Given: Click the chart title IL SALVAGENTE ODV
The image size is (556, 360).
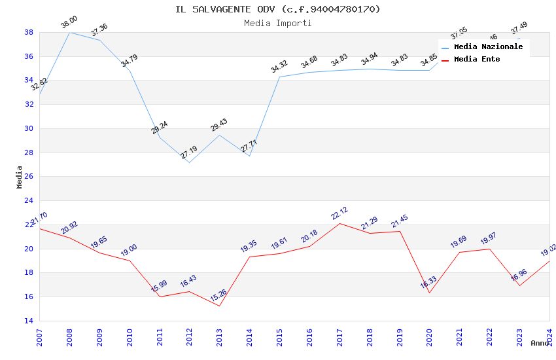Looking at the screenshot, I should point(277,9).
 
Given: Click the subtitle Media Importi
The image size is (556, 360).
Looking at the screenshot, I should point(277,23).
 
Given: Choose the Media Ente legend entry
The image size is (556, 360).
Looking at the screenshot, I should point(477,60).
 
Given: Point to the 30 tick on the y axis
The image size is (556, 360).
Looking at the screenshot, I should point(29,128).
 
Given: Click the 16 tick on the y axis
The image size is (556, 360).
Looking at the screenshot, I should point(29,297).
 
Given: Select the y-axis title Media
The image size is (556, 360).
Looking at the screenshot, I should point(20,177).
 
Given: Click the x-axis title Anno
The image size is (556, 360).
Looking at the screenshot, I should point(540,343).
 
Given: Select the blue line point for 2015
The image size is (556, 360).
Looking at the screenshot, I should point(279,77).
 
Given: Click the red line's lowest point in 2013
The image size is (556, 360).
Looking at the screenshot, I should point(219,306).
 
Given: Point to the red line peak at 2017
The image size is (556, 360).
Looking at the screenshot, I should point(339,223).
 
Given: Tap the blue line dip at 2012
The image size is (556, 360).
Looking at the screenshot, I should point(189,162).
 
